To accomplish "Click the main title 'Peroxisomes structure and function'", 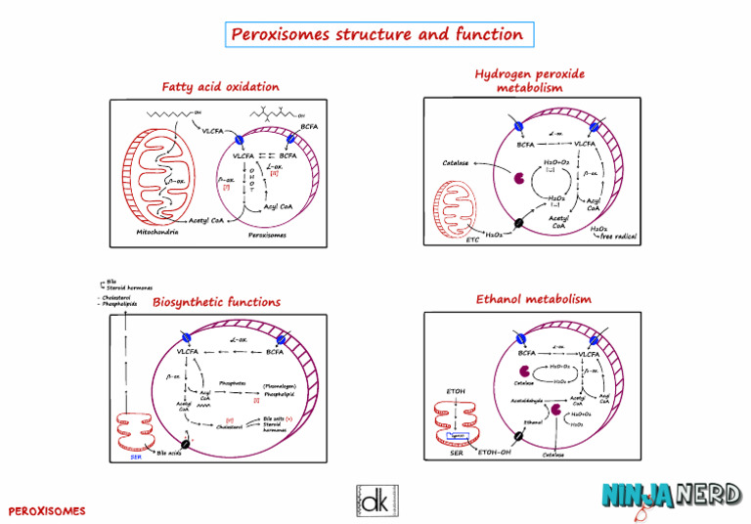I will click(376, 35).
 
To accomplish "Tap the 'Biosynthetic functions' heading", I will click(216, 302).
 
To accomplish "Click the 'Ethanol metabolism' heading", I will click(533, 298).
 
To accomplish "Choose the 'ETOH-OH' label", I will click(495, 453).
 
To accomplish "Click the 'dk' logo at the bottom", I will click(375, 500).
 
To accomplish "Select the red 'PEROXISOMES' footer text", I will click(47, 511).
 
